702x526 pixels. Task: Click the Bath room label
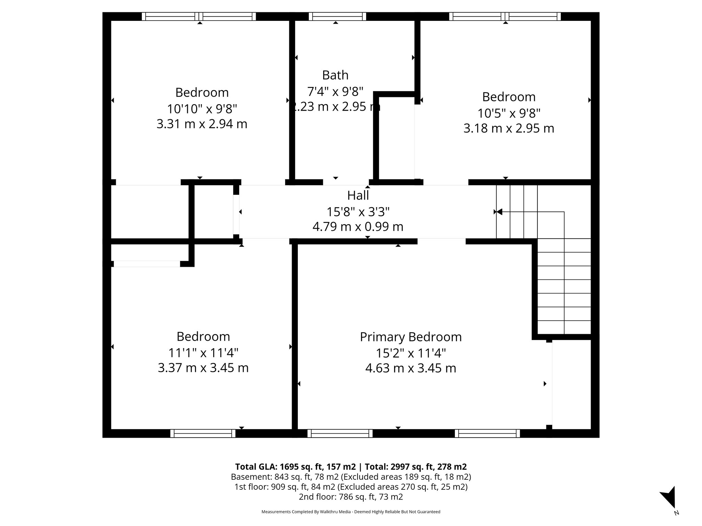click(x=335, y=75)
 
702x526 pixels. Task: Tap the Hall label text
click(x=358, y=196)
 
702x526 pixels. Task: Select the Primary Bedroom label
click(x=411, y=337)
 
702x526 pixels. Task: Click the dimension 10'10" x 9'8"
click(x=202, y=109)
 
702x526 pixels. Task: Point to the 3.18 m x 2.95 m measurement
click(x=509, y=128)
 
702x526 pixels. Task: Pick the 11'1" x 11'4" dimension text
click(x=203, y=352)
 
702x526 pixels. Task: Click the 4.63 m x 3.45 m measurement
click(x=411, y=368)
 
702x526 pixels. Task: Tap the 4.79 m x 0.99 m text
click(x=358, y=227)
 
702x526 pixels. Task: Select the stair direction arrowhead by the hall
click(x=499, y=212)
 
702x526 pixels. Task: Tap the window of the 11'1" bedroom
click(x=203, y=433)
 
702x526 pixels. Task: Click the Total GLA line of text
click(x=351, y=467)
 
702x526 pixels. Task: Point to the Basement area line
click(x=351, y=477)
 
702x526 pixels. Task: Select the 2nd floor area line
click(x=351, y=497)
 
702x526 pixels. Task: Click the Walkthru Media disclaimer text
click(x=351, y=512)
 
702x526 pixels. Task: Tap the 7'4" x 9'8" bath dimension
click(x=335, y=91)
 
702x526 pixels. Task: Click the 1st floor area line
click(x=351, y=487)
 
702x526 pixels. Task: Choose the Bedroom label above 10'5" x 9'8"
click(x=509, y=97)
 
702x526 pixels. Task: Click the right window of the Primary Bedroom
click(x=487, y=433)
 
